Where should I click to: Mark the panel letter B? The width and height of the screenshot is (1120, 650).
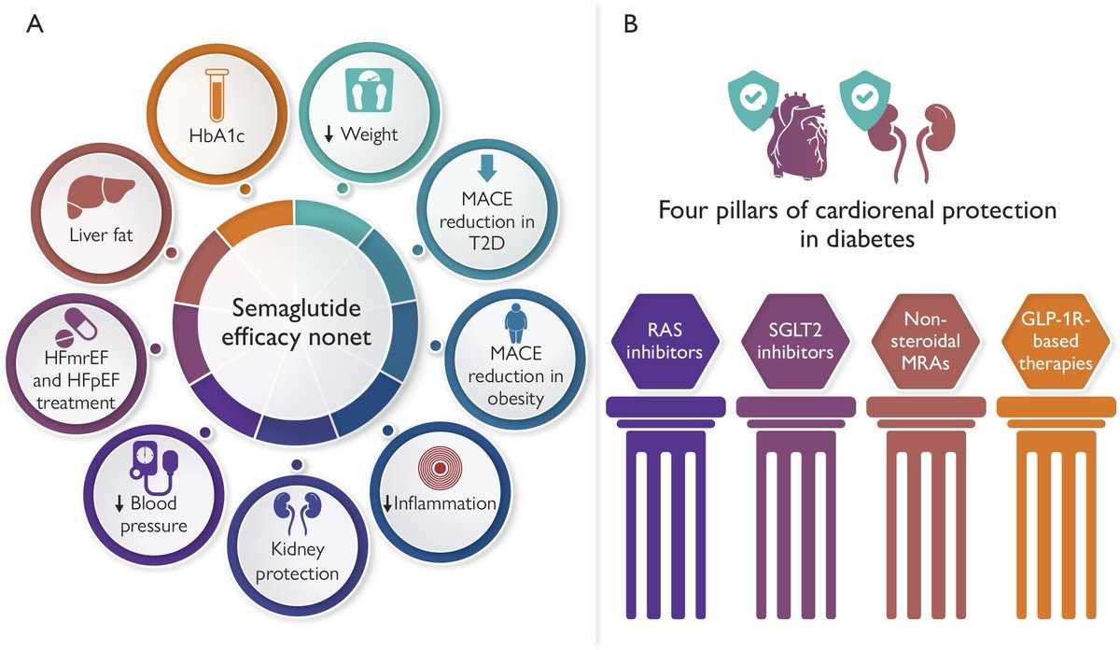pyautogui.click(x=631, y=25)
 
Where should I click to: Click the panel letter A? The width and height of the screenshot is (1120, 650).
pyautogui.click(x=34, y=25)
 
